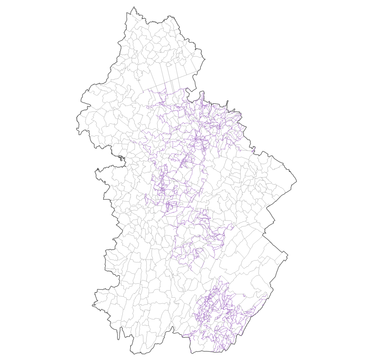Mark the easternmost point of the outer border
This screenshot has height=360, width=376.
coord(296,182)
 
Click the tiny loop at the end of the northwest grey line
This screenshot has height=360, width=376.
coord(139,80)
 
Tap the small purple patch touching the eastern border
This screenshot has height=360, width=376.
coord(253,152)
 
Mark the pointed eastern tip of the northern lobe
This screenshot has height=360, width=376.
coord(205,59)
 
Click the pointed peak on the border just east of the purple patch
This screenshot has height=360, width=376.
coord(263,152)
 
